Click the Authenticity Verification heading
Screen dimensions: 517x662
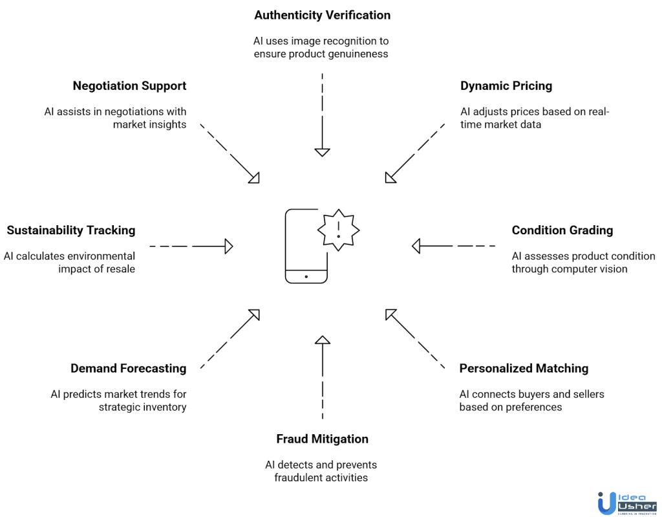(x=322, y=15)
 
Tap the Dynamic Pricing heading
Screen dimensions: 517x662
(x=506, y=86)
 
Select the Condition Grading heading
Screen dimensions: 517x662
(x=562, y=230)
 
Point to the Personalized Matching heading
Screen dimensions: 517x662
(x=524, y=369)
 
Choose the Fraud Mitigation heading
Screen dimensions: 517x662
(x=322, y=439)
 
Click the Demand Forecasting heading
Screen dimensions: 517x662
(x=128, y=369)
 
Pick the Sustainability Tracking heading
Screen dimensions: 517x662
(x=71, y=230)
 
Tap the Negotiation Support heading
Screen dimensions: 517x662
(x=129, y=86)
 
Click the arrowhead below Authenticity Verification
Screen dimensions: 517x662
(x=322, y=152)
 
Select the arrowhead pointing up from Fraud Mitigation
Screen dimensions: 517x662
(x=322, y=339)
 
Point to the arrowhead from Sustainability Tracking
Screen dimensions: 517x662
(x=228, y=246)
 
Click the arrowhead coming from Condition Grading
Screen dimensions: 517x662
(x=416, y=246)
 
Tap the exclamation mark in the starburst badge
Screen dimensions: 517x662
(x=338, y=229)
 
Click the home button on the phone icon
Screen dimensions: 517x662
(x=306, y=276)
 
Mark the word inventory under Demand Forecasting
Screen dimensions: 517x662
(x=163, y=407)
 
